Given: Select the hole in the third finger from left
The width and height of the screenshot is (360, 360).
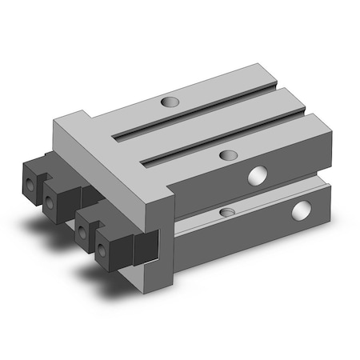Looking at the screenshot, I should coord(82,234).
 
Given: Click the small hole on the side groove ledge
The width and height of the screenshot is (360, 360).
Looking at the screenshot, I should coord(228,212).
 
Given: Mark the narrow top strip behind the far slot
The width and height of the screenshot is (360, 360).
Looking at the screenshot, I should coord(160,92).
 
